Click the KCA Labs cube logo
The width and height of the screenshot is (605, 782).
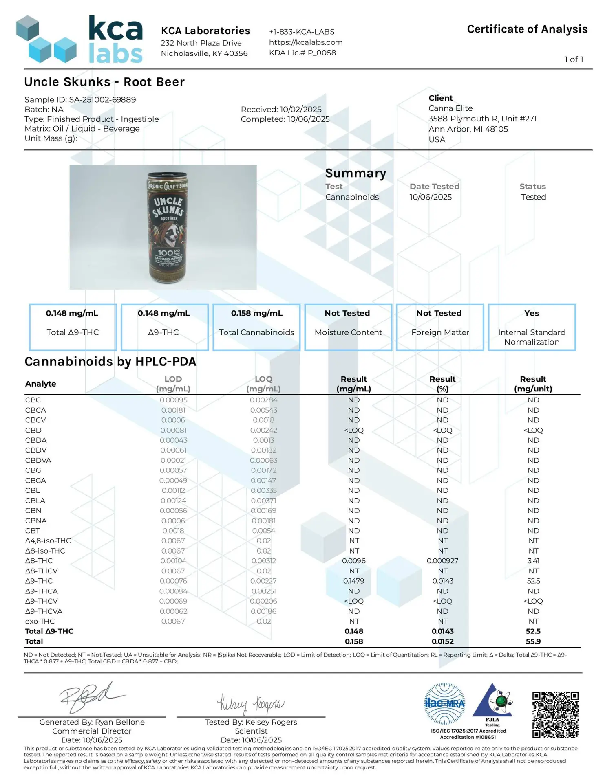click(46, 40)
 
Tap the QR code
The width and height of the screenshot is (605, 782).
click(555, 714)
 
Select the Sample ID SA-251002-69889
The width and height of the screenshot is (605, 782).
click(80, 100)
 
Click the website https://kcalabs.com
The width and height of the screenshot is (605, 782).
click(305, 42)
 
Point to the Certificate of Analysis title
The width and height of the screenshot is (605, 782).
click(527, 29)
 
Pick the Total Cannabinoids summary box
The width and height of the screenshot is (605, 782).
click(256, 327)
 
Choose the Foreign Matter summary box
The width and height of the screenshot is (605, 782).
click(440, 327)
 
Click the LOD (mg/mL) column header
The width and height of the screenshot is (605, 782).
click(173, 384)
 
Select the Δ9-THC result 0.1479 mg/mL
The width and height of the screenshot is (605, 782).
click(353, 581)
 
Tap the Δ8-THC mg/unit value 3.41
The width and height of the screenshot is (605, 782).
click(533, 561)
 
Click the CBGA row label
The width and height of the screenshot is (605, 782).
click(35, 481)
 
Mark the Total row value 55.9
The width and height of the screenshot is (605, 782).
click(533, 641)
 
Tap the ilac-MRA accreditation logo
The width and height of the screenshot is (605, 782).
click(444, 703)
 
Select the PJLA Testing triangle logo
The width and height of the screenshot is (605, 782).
click(492, 703)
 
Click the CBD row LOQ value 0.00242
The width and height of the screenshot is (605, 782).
click(263, 430)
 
